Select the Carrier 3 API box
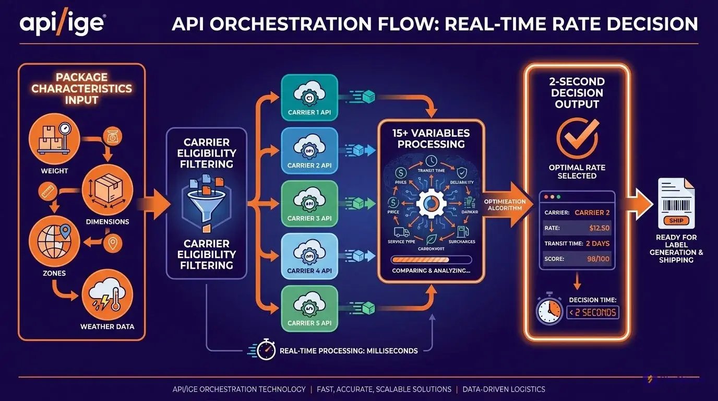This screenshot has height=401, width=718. (309, 204)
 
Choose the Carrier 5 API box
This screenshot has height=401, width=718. (309, 309)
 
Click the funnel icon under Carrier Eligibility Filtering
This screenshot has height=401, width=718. (206, 204)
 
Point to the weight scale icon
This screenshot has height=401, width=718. (54, 139)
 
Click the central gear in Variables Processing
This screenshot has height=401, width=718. (431, 204)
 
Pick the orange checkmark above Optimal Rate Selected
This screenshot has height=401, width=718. (577, 137)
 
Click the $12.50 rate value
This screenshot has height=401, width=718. (599, 228)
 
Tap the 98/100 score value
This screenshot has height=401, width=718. (599, 259)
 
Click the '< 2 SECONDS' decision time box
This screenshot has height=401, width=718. (593, 313)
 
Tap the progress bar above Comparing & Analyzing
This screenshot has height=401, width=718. (431, 260)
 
